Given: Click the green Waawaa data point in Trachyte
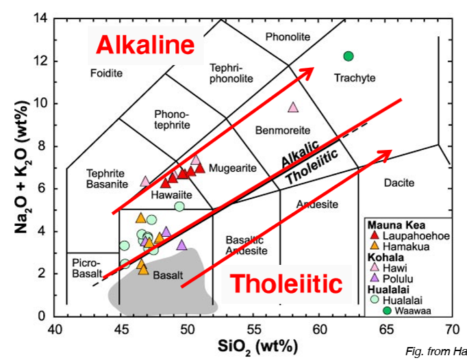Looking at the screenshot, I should coord(348,56).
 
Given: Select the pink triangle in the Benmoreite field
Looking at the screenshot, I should coord(294,107).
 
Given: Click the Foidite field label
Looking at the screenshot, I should coord(106,73).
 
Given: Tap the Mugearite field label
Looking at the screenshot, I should coord(232,168).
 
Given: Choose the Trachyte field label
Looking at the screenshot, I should coord(355,78).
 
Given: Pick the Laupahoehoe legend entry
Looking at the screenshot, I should coord(411,236).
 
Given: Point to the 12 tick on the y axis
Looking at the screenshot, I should coord(42,61).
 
